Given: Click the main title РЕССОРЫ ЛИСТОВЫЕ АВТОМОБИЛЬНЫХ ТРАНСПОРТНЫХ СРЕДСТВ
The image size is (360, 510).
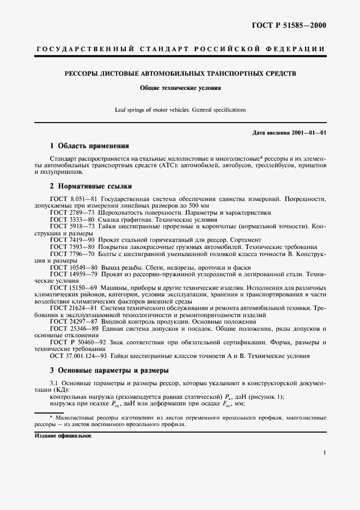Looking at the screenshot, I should [180, 72].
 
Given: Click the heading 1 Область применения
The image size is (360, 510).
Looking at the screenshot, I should [89, 146].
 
